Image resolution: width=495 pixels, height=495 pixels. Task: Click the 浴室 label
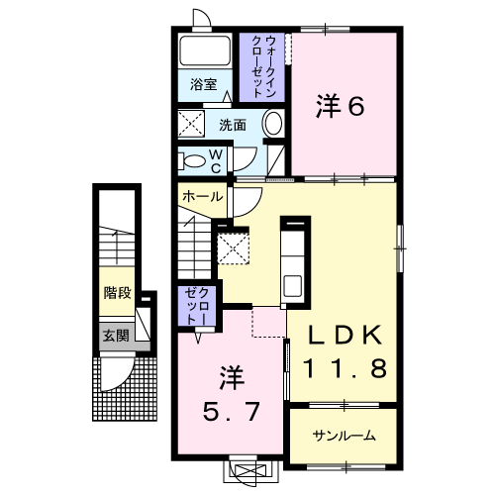[203, 86]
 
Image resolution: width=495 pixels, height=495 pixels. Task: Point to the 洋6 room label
[341, 106]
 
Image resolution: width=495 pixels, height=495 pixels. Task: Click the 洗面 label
[233, 126]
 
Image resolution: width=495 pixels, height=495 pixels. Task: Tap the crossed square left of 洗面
[191, 125]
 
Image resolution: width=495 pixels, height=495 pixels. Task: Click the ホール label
[201, 197]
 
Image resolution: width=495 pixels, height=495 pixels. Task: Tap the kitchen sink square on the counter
[295, 285]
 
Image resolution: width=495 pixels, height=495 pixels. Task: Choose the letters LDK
[344, 334]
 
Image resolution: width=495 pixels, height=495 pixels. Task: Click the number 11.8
[344, 368]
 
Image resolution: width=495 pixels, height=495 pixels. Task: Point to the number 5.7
[231, 394]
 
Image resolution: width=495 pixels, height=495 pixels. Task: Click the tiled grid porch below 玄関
[127, 388]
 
